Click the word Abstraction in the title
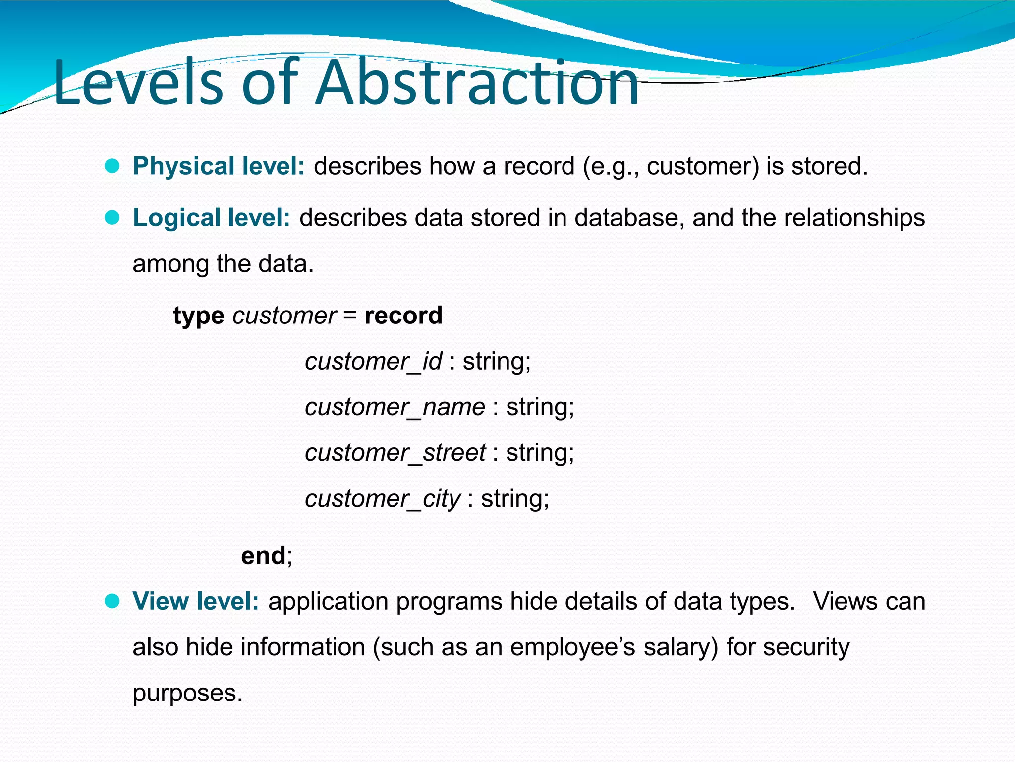[x=477, y=83]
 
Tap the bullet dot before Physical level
[x=113, y=166]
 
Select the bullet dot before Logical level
[x=113, y=218]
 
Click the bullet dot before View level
[x=113, y=602]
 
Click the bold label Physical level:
[x=219, y=166]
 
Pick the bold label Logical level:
[x=211, y=218]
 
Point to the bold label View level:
[x=196, y=602]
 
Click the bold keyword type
[x=198, y=317]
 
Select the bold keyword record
[x=403, y=316]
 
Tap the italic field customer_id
[x=373, y=362]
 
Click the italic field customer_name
[x=395, y=407]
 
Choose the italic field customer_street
[x=395, y=453]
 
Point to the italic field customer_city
[x=383, y=499]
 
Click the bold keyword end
[x=263, y=555]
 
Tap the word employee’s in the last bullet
[x=572, y=648]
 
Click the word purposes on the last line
[x=187, y=694]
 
